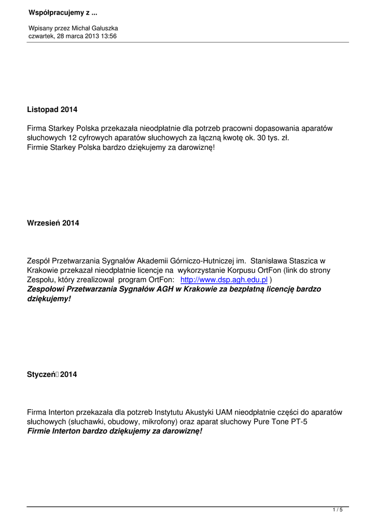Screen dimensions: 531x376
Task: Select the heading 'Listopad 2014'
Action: click(52, 109)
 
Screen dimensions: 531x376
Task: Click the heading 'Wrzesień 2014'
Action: click(53, 223)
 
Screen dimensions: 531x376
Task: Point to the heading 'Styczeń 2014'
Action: click(52, 374)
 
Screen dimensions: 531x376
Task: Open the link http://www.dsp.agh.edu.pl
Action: click(224, 280)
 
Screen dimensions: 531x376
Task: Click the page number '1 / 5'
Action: click(338, 511)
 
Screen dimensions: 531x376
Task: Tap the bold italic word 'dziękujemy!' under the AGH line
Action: click(48, 298)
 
